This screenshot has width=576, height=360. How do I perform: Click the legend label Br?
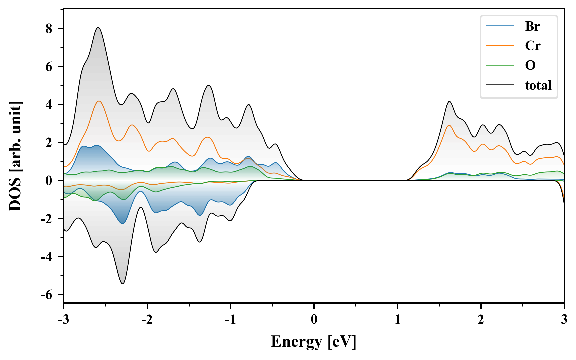click(532, 26)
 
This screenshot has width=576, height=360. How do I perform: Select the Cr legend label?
click(533, 46)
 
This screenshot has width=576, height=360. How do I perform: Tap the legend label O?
click(530, 65)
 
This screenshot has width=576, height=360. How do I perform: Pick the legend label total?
click(538, 85)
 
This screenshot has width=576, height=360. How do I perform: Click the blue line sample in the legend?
click(500, 26)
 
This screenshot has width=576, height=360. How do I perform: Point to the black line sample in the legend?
click(500, 85)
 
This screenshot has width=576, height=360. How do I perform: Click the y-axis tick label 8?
click(49, 29)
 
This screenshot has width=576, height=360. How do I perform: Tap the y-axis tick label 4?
click(49, 105)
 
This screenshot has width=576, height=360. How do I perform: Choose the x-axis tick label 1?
click(397, 320)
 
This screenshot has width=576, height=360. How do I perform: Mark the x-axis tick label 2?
click(481, 320)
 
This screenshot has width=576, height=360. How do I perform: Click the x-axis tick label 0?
click(314, 320)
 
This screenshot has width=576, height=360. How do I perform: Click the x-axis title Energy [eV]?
click(314, 342)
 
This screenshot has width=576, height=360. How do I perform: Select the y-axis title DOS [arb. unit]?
click(15, 156)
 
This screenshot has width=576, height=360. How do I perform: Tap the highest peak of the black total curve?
click(98, 28)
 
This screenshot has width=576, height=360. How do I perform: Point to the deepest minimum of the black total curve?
click(123, 284)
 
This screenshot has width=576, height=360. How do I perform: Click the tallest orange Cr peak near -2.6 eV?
click(99, 101)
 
